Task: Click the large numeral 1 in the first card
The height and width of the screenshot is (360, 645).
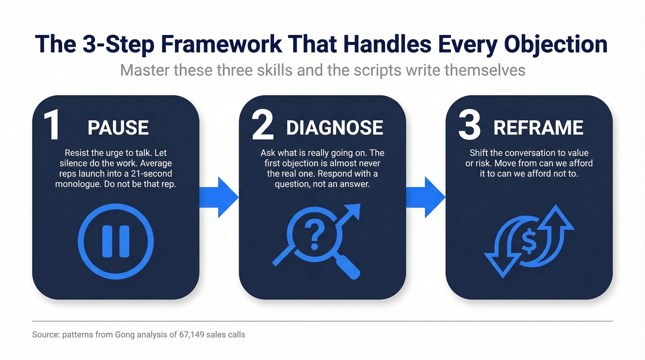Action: point(52,125)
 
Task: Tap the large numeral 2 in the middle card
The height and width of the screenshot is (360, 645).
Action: point(262,125)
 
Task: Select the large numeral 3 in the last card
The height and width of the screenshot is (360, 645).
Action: point(469,125)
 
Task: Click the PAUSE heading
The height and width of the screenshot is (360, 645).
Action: point(118,128)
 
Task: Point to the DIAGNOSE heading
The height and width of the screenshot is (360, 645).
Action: point(334,128)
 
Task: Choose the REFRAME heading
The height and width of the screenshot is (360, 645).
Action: point(538,128)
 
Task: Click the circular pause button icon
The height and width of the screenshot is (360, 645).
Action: point(116,241)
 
